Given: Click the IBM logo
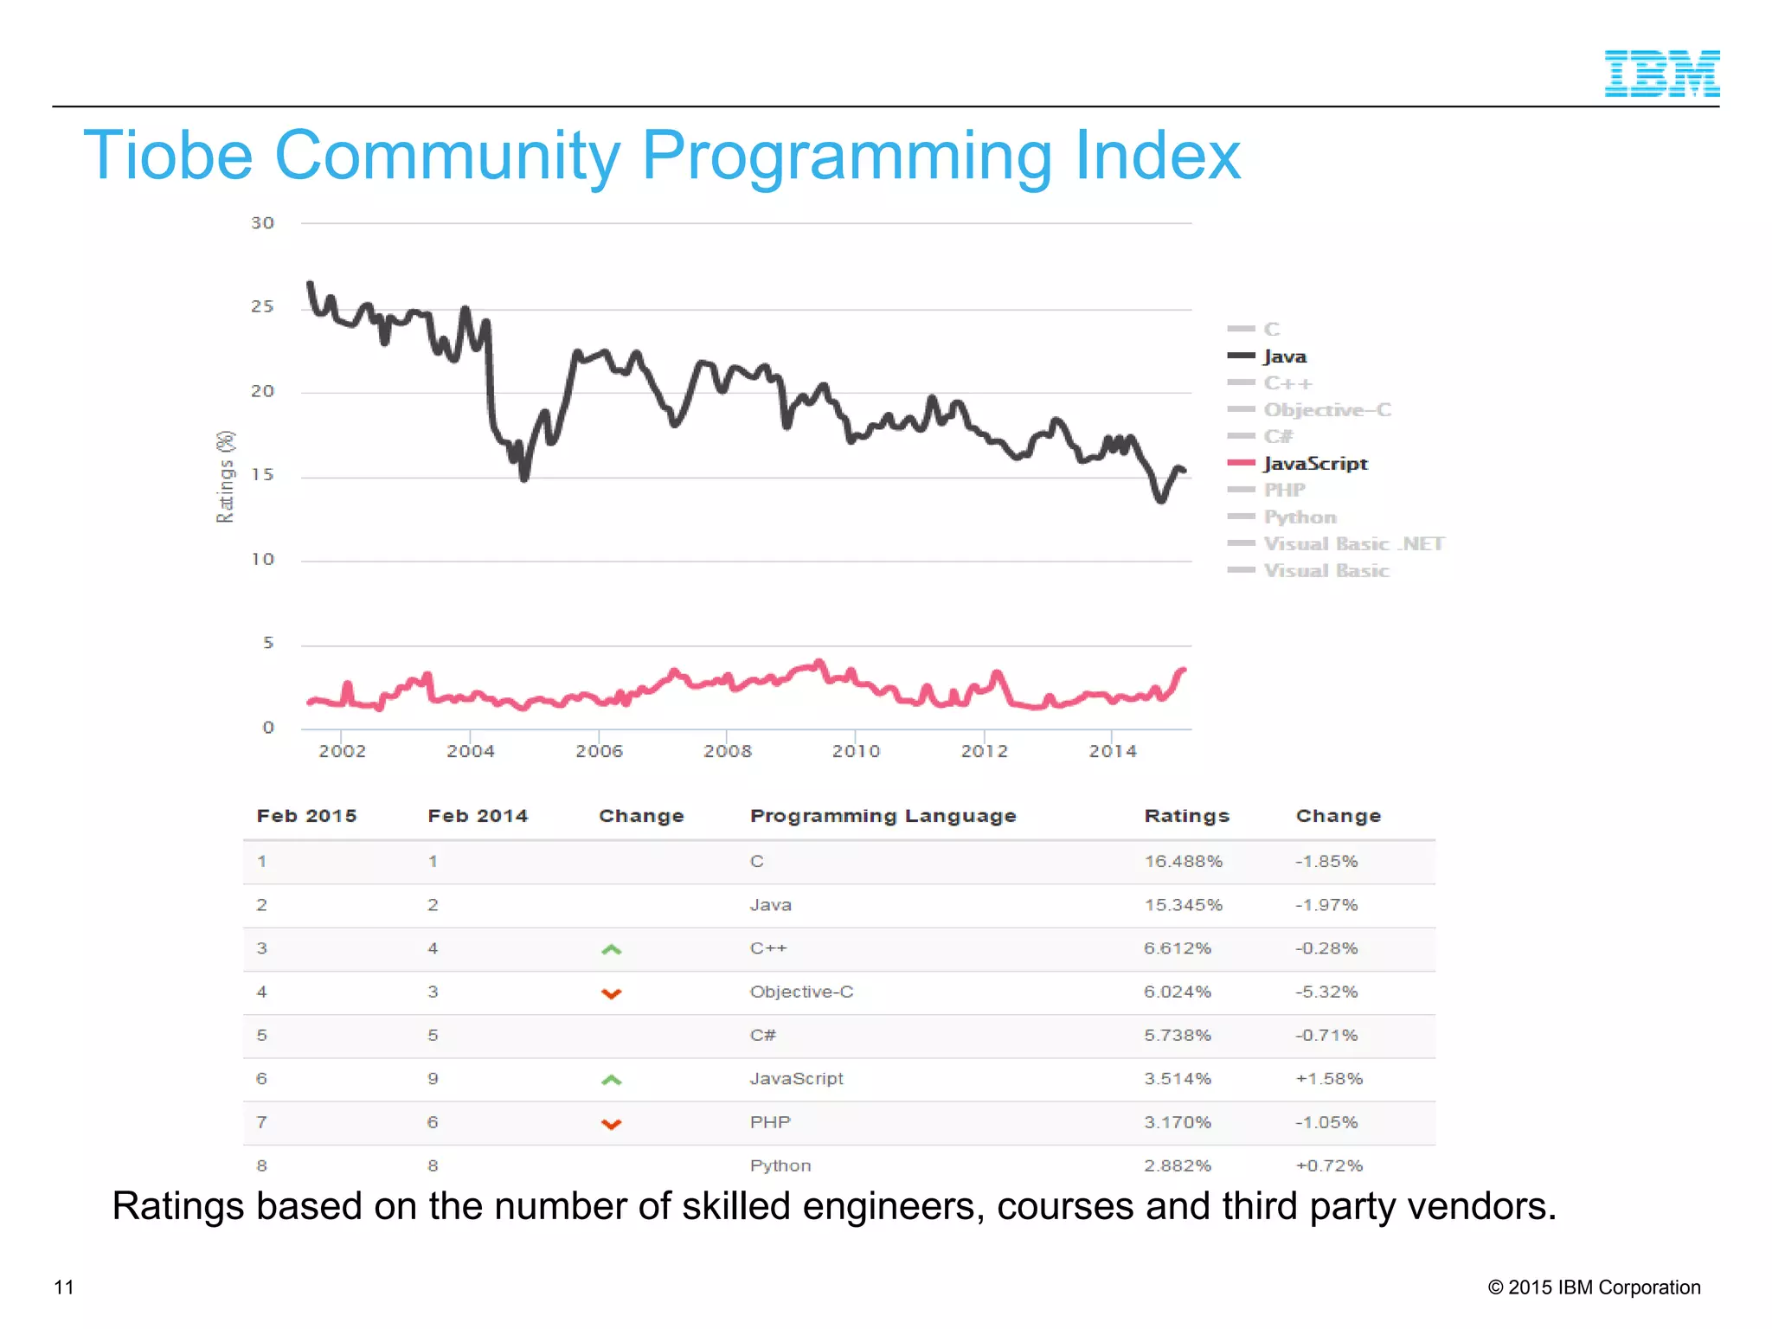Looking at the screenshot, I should [x=1661, y=74].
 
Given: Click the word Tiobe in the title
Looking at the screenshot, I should [x=168, y=157].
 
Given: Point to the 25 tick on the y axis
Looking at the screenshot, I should [x=262, y=307].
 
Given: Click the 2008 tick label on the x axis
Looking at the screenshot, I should [x=727, y=751].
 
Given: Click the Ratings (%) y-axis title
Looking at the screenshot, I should [x=225, y=476].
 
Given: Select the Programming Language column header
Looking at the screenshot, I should [x=883, y=816].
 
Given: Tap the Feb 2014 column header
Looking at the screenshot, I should [x=478, y=816].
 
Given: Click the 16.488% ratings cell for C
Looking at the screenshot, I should [x=1183, y=862].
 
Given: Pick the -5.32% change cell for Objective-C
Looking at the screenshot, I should [x=1326, y=992].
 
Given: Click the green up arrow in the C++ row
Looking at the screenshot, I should [x=612, y=949].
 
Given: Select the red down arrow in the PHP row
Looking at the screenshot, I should [x=612, y=1124].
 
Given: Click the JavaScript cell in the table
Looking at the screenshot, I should [x=796, y=1079].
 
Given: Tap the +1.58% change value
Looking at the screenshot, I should [x=1329, y=1079].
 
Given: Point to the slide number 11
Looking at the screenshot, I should [x=64, y=1287].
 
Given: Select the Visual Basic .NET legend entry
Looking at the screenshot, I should [x=1353, y=544].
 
